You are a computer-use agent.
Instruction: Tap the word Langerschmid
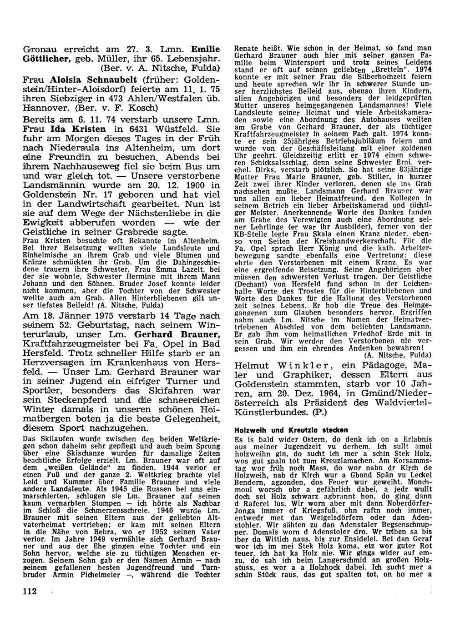pos(330,562)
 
